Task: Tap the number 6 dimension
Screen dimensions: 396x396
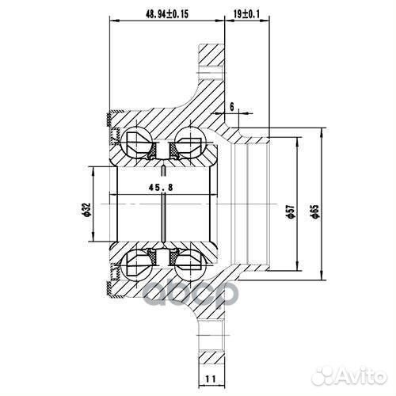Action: pyautogui.click(x=232, y=105)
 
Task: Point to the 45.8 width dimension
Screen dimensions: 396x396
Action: pyautogui.click(x=162, y=187)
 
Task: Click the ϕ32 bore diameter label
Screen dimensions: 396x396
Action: pyautogui.click(x=86, y=210)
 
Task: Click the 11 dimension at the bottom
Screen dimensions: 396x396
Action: pyautogui.click(x=210, y=380)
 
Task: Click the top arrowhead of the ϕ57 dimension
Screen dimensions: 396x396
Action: pyautogui.click(x=299, y=137)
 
